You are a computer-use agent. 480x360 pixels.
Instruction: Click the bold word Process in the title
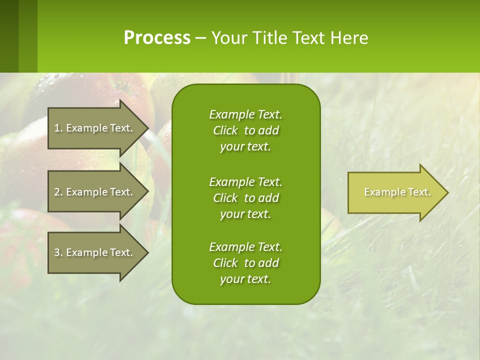[x=157, y=37]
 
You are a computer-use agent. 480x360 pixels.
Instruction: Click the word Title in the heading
[x=270, y=37]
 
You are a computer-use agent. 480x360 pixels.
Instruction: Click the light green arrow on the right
[x=395, y=192]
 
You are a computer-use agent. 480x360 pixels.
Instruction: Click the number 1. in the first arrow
[x=58, y=128]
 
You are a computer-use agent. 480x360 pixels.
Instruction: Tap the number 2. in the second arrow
[x=58, y=192]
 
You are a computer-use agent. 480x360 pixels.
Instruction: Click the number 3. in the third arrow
[x=58, y=252]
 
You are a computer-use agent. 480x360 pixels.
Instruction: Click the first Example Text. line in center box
[x=245, y=114]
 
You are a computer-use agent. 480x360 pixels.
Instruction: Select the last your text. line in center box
[x=245, y=279]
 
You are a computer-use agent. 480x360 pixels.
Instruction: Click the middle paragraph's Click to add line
[x=245, y=198]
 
